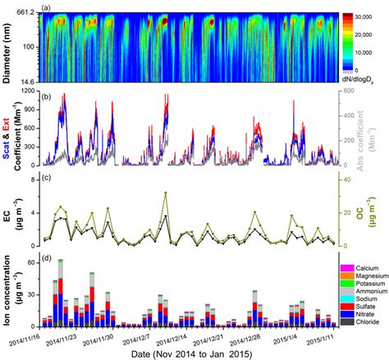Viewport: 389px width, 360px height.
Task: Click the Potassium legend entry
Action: pos(367,283)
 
